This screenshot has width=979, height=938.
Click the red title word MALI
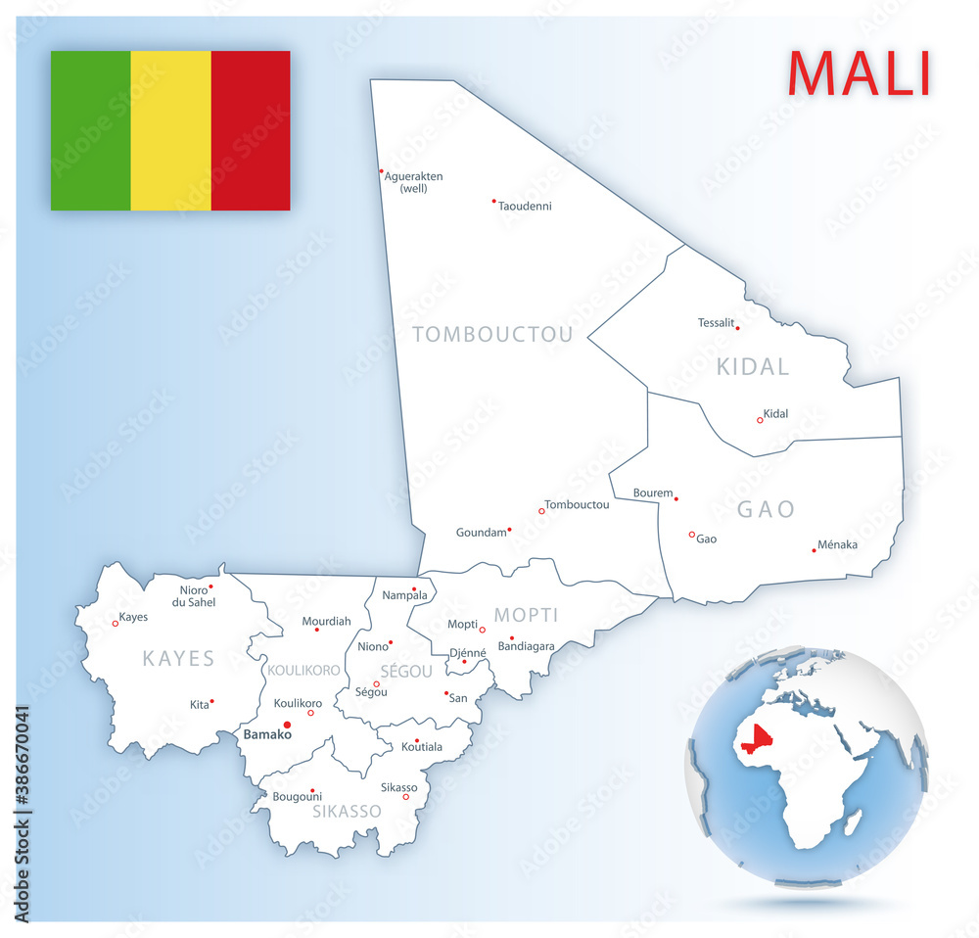coord(859,72)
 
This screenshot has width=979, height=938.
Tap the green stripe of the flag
coord(90,130)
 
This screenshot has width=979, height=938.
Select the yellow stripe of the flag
coord(170,130)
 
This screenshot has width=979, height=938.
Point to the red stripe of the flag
coord(251,130)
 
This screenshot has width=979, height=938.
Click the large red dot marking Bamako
coord(287,726)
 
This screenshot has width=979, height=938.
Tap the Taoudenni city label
coord(525,207)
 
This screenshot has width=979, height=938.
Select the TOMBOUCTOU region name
coord(492,335)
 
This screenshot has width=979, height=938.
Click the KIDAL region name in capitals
coord(753,367)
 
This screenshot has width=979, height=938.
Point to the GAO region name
coord(766,509)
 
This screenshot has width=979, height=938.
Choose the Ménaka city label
coord(837,544)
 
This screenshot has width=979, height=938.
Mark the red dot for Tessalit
coord(737,328)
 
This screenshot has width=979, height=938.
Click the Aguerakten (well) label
coord(414,182)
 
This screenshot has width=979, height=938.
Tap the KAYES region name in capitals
coord(178,658)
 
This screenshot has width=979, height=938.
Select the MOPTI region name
coord(526,615)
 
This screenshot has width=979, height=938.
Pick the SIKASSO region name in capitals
coord(347,811)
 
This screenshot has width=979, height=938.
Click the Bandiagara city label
coord(526,646)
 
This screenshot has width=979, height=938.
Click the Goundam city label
coord(482,533)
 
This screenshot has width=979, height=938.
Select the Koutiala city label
coord(422,747)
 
